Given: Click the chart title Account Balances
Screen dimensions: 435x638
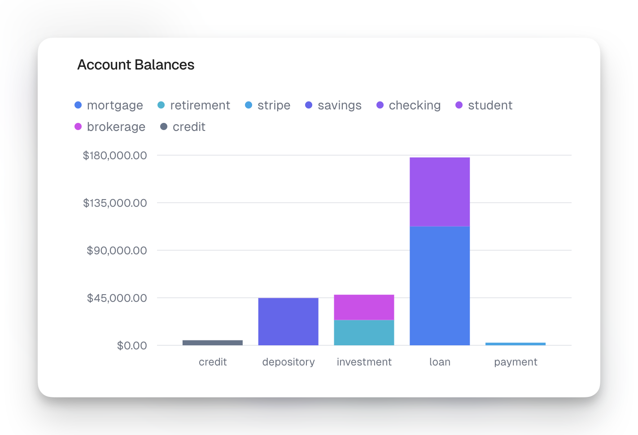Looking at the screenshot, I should pos(135,65).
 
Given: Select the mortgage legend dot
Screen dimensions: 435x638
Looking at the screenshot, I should pos(78,105).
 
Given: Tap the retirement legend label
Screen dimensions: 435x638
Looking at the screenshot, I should pos(200,105).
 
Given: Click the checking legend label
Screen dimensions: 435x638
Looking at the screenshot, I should pos(415,105).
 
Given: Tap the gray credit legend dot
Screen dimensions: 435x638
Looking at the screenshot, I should pos(164,127).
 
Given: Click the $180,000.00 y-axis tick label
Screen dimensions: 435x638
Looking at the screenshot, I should pos(115,156).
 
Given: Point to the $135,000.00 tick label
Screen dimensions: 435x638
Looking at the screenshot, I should pos(115,203).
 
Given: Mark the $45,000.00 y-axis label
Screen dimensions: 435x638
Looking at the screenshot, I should pos(117,298).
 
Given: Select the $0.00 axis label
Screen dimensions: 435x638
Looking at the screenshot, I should pos(132,346).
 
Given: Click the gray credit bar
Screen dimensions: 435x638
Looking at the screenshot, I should pos(213,343).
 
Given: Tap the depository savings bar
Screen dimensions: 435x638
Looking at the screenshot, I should pos(288,322).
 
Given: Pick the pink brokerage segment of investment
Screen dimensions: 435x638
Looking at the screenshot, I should pos(364,307).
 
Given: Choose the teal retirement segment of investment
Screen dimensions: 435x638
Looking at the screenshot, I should pos(364,332).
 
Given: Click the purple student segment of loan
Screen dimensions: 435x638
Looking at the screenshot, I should pos(440,192).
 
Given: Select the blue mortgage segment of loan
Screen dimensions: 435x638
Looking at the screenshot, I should pos(440,286).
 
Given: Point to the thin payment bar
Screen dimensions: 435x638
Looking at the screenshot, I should pos(516,344).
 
